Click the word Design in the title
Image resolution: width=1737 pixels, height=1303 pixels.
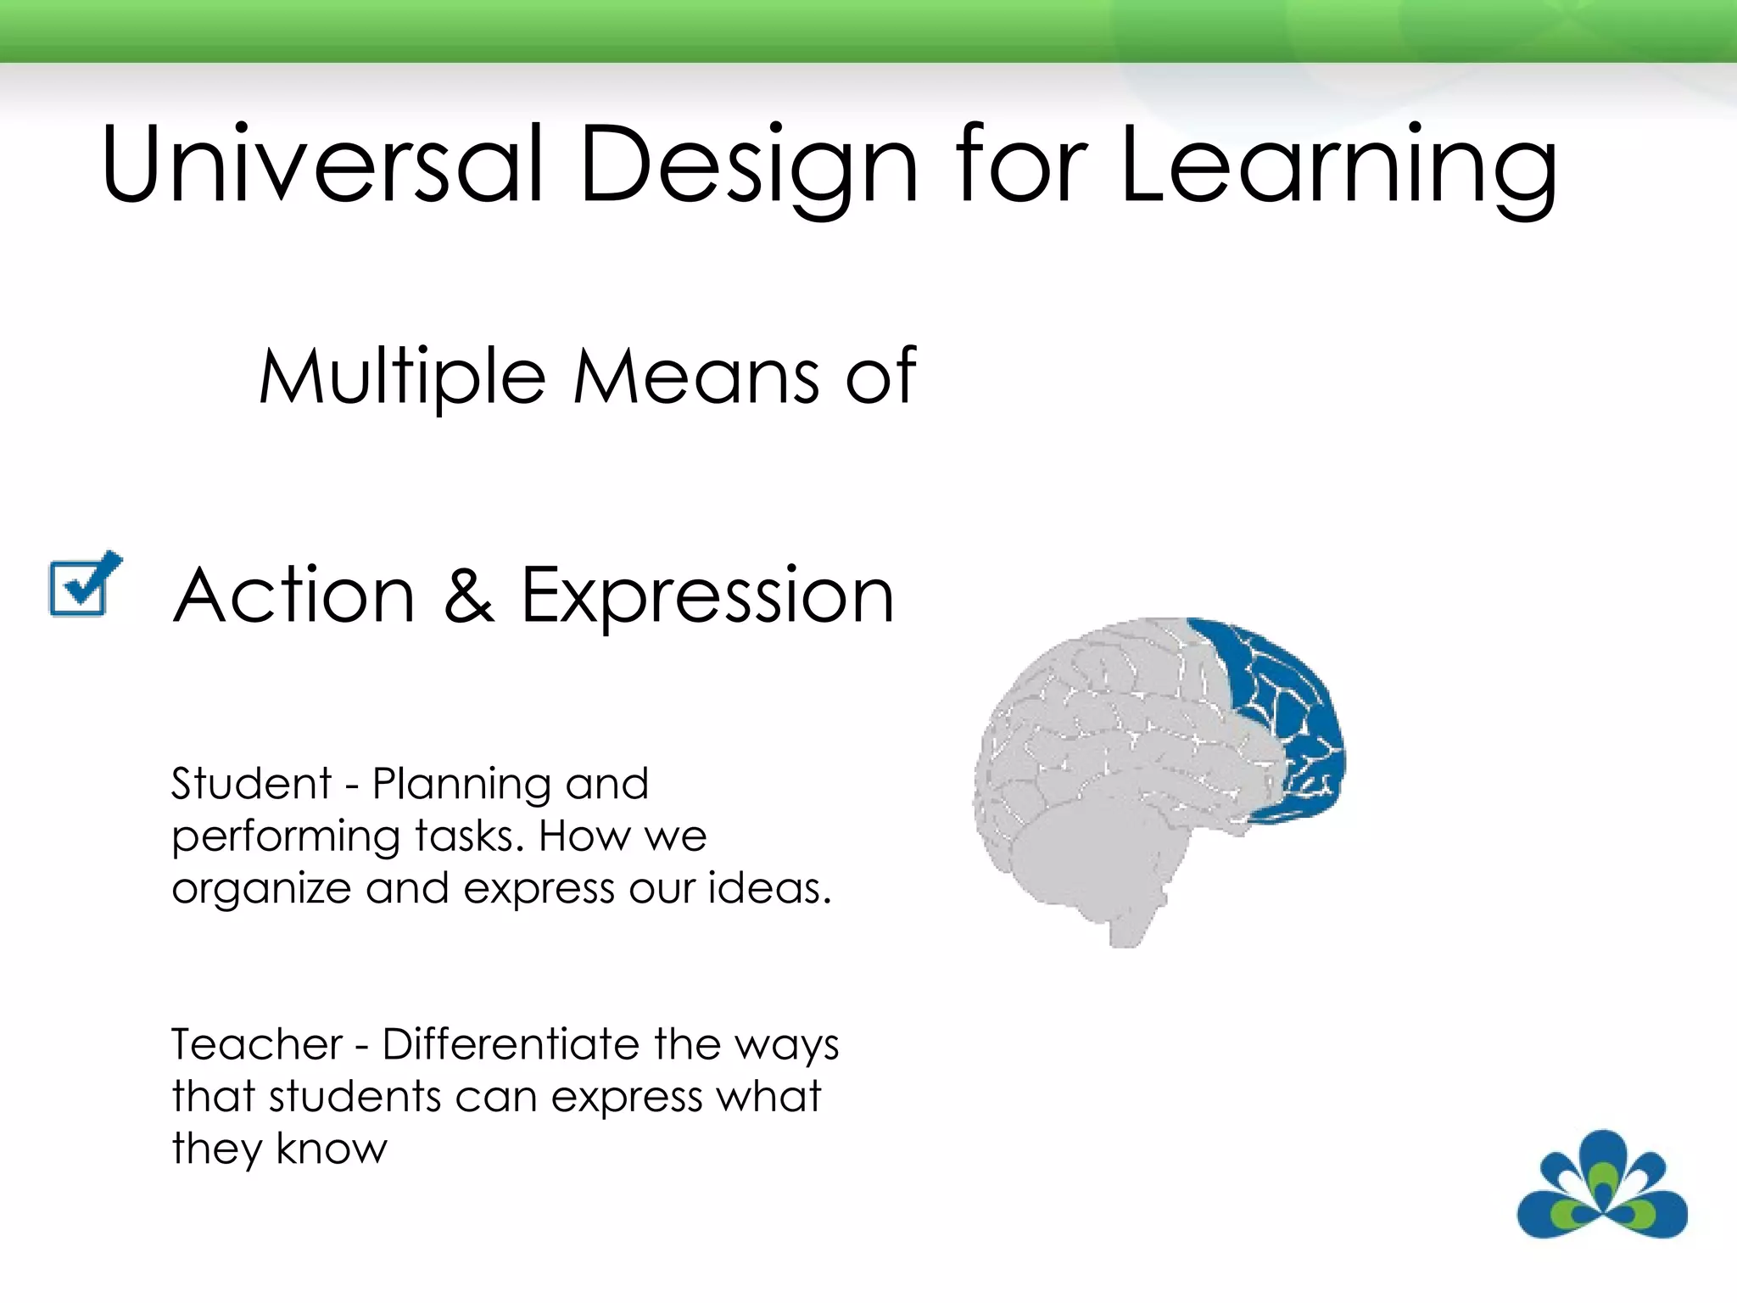click(748, 165)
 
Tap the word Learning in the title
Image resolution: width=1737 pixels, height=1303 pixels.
click(1338, 165)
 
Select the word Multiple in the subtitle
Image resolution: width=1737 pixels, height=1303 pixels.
click(402, 377)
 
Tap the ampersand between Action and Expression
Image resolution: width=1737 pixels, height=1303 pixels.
click(467, 596)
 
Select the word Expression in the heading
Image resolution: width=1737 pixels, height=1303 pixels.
click(707, 597)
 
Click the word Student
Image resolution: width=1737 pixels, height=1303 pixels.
click(251, 783)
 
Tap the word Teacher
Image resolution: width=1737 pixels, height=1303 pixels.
click(256, 1043)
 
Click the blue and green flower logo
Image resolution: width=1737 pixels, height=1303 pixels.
click(1601, 1184)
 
